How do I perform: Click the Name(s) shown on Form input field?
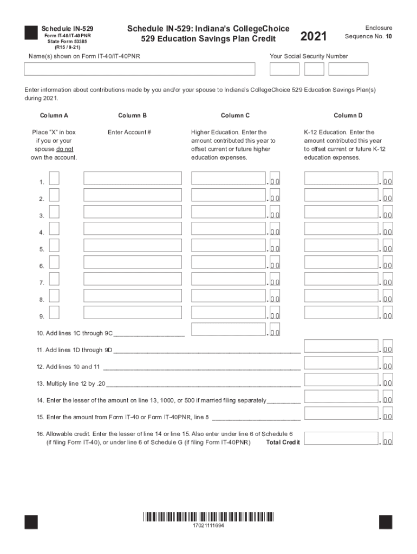click(x=139, y=69)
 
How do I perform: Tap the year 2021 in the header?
click(x=313, y=36)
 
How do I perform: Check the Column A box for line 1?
click(x=54, y=179)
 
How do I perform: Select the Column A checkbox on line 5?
click(x=54, y=246)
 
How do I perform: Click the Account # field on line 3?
click(x=133, y=212)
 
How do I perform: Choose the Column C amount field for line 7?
click(x=229, y=279)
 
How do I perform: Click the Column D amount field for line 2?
click(x=341, y=195)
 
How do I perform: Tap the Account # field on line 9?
click(x=133, y=313)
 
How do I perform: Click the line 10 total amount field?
click(x=229, y=329)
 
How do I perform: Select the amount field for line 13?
click(x=341, y=380)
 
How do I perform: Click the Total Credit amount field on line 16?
click(x=341, y=438)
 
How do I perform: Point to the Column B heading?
click(x=132, y=115)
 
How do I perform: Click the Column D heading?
click(x=348, y=115)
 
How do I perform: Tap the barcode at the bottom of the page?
click(x=208, y=517)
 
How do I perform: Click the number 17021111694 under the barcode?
click(x=208, y=526)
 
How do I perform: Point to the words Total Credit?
click(x=283, y=443)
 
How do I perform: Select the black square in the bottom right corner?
click(x=385, y=522)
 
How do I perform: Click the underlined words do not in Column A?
click(x=64, y=149)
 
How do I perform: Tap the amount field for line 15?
click(x=341, y=413)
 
